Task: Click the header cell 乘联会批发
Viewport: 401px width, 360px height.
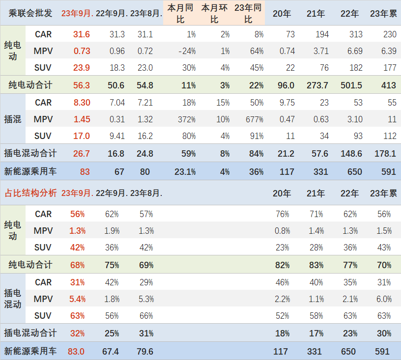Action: (30, 13)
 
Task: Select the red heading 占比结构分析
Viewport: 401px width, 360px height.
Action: (30, 193)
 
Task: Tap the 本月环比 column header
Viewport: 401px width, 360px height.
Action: (214, 13)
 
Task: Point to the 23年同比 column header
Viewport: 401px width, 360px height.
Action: (248, 13)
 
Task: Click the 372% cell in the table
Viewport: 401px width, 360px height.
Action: (187, 119)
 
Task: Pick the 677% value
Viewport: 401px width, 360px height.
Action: (254, 119)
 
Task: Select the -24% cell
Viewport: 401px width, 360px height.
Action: (187, 51)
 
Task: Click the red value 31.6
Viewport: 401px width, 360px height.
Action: (81, 34)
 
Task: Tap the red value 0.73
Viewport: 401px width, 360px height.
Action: (82, 51)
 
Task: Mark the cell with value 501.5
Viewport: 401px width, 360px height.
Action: (351, 85)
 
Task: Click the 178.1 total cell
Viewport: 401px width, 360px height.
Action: (385, 154)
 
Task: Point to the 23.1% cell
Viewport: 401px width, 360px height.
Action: (185, 172)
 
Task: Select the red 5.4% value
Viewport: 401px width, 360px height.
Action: (78, 299)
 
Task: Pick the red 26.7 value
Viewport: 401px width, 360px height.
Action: (81, 154)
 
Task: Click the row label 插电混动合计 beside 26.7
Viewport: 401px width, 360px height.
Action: (30, 154)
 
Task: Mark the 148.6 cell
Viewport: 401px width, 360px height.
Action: (351, 154)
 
